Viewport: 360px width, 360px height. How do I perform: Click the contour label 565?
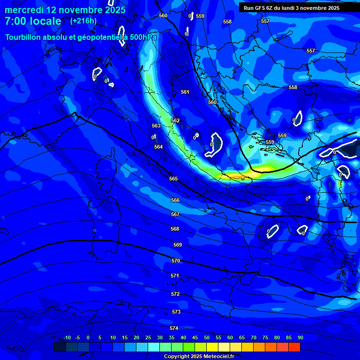click(x=173, y=179)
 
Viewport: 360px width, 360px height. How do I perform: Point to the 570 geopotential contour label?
click(x=176, y=261)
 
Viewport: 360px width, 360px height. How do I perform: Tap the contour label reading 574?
click(x=174, y=328)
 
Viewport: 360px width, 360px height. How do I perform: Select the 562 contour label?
click(x=175, y=120)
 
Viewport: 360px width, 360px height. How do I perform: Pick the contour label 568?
click(x=175, y=229)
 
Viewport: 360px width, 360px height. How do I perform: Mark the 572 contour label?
click(x=175, y=294)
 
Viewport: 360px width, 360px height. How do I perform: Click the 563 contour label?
click(x=156, y=126)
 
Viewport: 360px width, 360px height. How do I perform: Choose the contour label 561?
click(x=185, y=92)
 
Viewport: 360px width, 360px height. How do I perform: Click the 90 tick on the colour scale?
click(x=300, y=337)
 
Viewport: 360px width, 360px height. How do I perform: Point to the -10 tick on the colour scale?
click(x=67, y=337)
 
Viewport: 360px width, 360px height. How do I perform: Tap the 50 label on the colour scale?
click(x=207, y=337)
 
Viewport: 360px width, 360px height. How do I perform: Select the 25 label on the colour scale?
click(x=148, y=337)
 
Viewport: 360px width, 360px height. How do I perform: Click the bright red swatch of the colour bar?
click(x=294, y=347)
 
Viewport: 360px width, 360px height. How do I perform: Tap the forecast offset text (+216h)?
click(x=83, y=21)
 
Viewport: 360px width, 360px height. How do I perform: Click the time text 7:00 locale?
click(x=33, y=22)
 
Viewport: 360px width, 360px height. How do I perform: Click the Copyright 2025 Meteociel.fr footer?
click(x=199, y=357)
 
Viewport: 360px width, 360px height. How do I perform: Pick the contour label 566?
click(x=175, y=200)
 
